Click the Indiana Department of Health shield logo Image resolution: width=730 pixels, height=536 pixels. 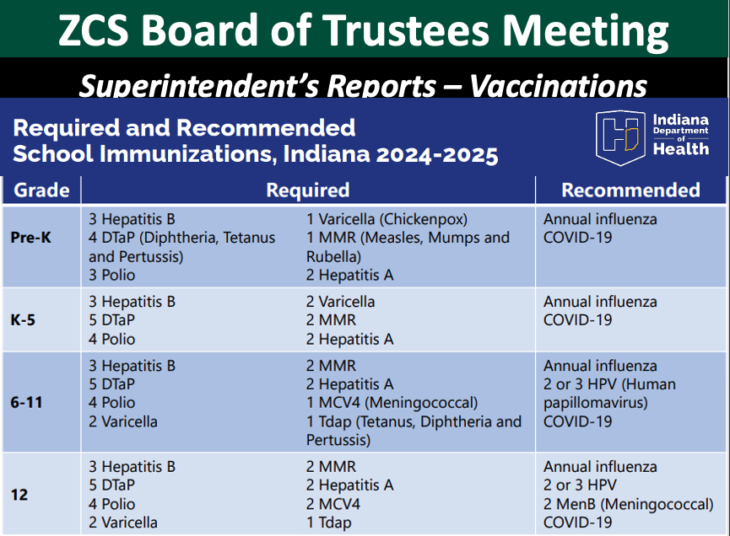point(620,137)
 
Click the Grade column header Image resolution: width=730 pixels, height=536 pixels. point(41,190)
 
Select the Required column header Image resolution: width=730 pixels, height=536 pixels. point(308,190)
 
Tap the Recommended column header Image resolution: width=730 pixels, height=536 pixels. point(630,190)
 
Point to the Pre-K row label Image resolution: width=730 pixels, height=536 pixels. point(30,238)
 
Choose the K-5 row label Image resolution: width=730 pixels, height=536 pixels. point(23,320)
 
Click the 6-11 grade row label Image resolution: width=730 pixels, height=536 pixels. point(26,402)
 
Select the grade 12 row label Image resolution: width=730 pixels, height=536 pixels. point(19,495)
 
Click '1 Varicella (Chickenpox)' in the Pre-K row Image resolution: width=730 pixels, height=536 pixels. point(387,219)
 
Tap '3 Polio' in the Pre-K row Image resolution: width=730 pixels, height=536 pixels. point(111,275)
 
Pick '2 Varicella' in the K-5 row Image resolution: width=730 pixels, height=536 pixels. point(340,302)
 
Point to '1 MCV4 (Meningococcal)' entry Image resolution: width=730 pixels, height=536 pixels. point(392,403)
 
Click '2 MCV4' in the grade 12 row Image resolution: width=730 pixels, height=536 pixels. point(333,504)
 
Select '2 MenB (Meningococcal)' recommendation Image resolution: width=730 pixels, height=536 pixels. point(629,504)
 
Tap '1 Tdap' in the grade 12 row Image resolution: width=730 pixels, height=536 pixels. point(328,523)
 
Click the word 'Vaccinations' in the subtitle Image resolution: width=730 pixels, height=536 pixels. point(558,85)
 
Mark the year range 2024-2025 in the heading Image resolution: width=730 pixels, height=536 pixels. point(437,154)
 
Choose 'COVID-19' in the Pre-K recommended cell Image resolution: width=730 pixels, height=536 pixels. point(578,238)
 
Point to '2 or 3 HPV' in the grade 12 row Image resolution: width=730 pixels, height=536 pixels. point(580,485)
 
